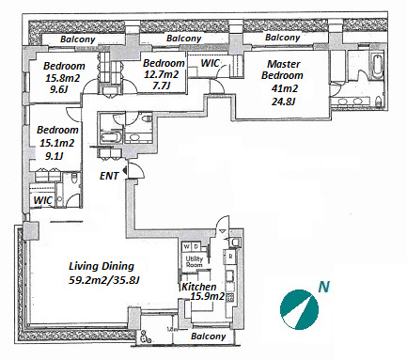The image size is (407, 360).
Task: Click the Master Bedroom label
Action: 282,70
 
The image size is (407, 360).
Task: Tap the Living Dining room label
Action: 102,266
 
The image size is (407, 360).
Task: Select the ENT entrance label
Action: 109,176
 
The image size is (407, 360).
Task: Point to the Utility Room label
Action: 195,261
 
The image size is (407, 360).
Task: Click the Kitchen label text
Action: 199,287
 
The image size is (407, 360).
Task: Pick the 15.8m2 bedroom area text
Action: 62,78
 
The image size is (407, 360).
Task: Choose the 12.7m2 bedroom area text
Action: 161,74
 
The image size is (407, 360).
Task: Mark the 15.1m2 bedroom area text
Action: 56,143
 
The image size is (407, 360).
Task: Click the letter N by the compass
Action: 324,287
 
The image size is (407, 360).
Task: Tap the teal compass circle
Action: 299,309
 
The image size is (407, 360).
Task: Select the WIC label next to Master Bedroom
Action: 210,63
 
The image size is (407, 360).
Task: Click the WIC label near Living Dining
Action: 43,200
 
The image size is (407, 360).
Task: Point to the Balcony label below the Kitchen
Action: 208,337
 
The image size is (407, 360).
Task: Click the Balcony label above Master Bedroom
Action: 282,38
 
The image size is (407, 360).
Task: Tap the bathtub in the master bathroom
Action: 377,66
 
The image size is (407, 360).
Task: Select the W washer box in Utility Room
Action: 187,246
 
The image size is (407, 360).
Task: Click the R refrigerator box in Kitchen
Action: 230,257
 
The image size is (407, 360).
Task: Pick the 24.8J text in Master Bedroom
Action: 283,102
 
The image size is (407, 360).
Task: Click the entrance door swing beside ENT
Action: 136,171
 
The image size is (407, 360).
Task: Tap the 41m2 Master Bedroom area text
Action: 284,88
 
